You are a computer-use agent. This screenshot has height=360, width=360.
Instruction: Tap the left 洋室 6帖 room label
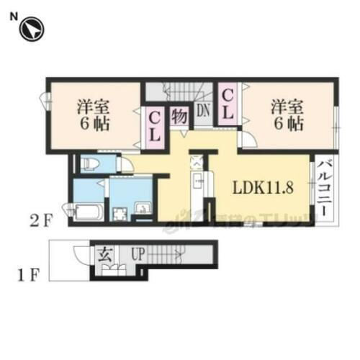pyautogui.click(x=92, y=114)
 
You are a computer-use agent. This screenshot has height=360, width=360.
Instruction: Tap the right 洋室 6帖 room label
pyautogui.click(x=287, y=114)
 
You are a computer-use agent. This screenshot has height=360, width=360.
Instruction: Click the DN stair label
pyautogui.click(x=204, y=109)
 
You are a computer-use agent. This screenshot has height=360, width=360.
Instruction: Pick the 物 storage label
pyautogui.click(x=179, y=115)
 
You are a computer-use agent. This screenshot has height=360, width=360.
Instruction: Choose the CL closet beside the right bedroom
pyautogui.click(x=226, y=103)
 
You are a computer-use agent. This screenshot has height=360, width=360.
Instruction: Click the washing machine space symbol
pyautogui.click(x=119, y=212)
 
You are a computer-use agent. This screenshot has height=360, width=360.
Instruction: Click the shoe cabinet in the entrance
pyautogui.click(x=113, y=272)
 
